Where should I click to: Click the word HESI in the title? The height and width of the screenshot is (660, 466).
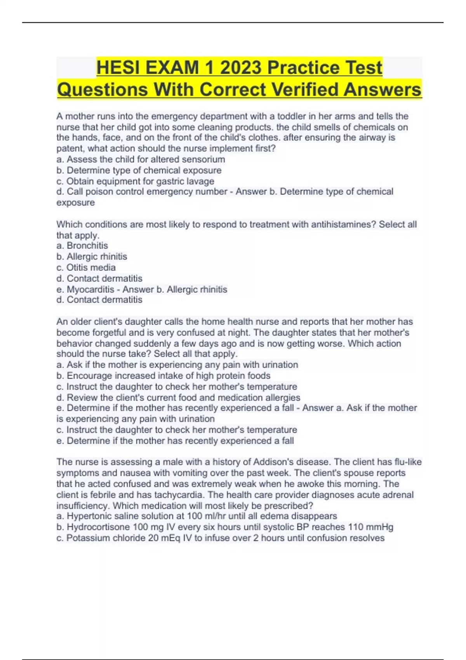pyautogui.click(x=118, y=68)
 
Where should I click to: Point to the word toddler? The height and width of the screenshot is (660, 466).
pyautogui.click(x=291, y=116)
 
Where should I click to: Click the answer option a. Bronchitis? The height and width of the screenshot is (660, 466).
pyautogui.click(x=82, y=246)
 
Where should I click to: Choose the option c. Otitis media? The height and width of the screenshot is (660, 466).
pyautogui.click(x=86, y=267)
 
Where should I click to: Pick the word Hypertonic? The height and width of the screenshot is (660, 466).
pyautogui.click(x=89, y=516)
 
